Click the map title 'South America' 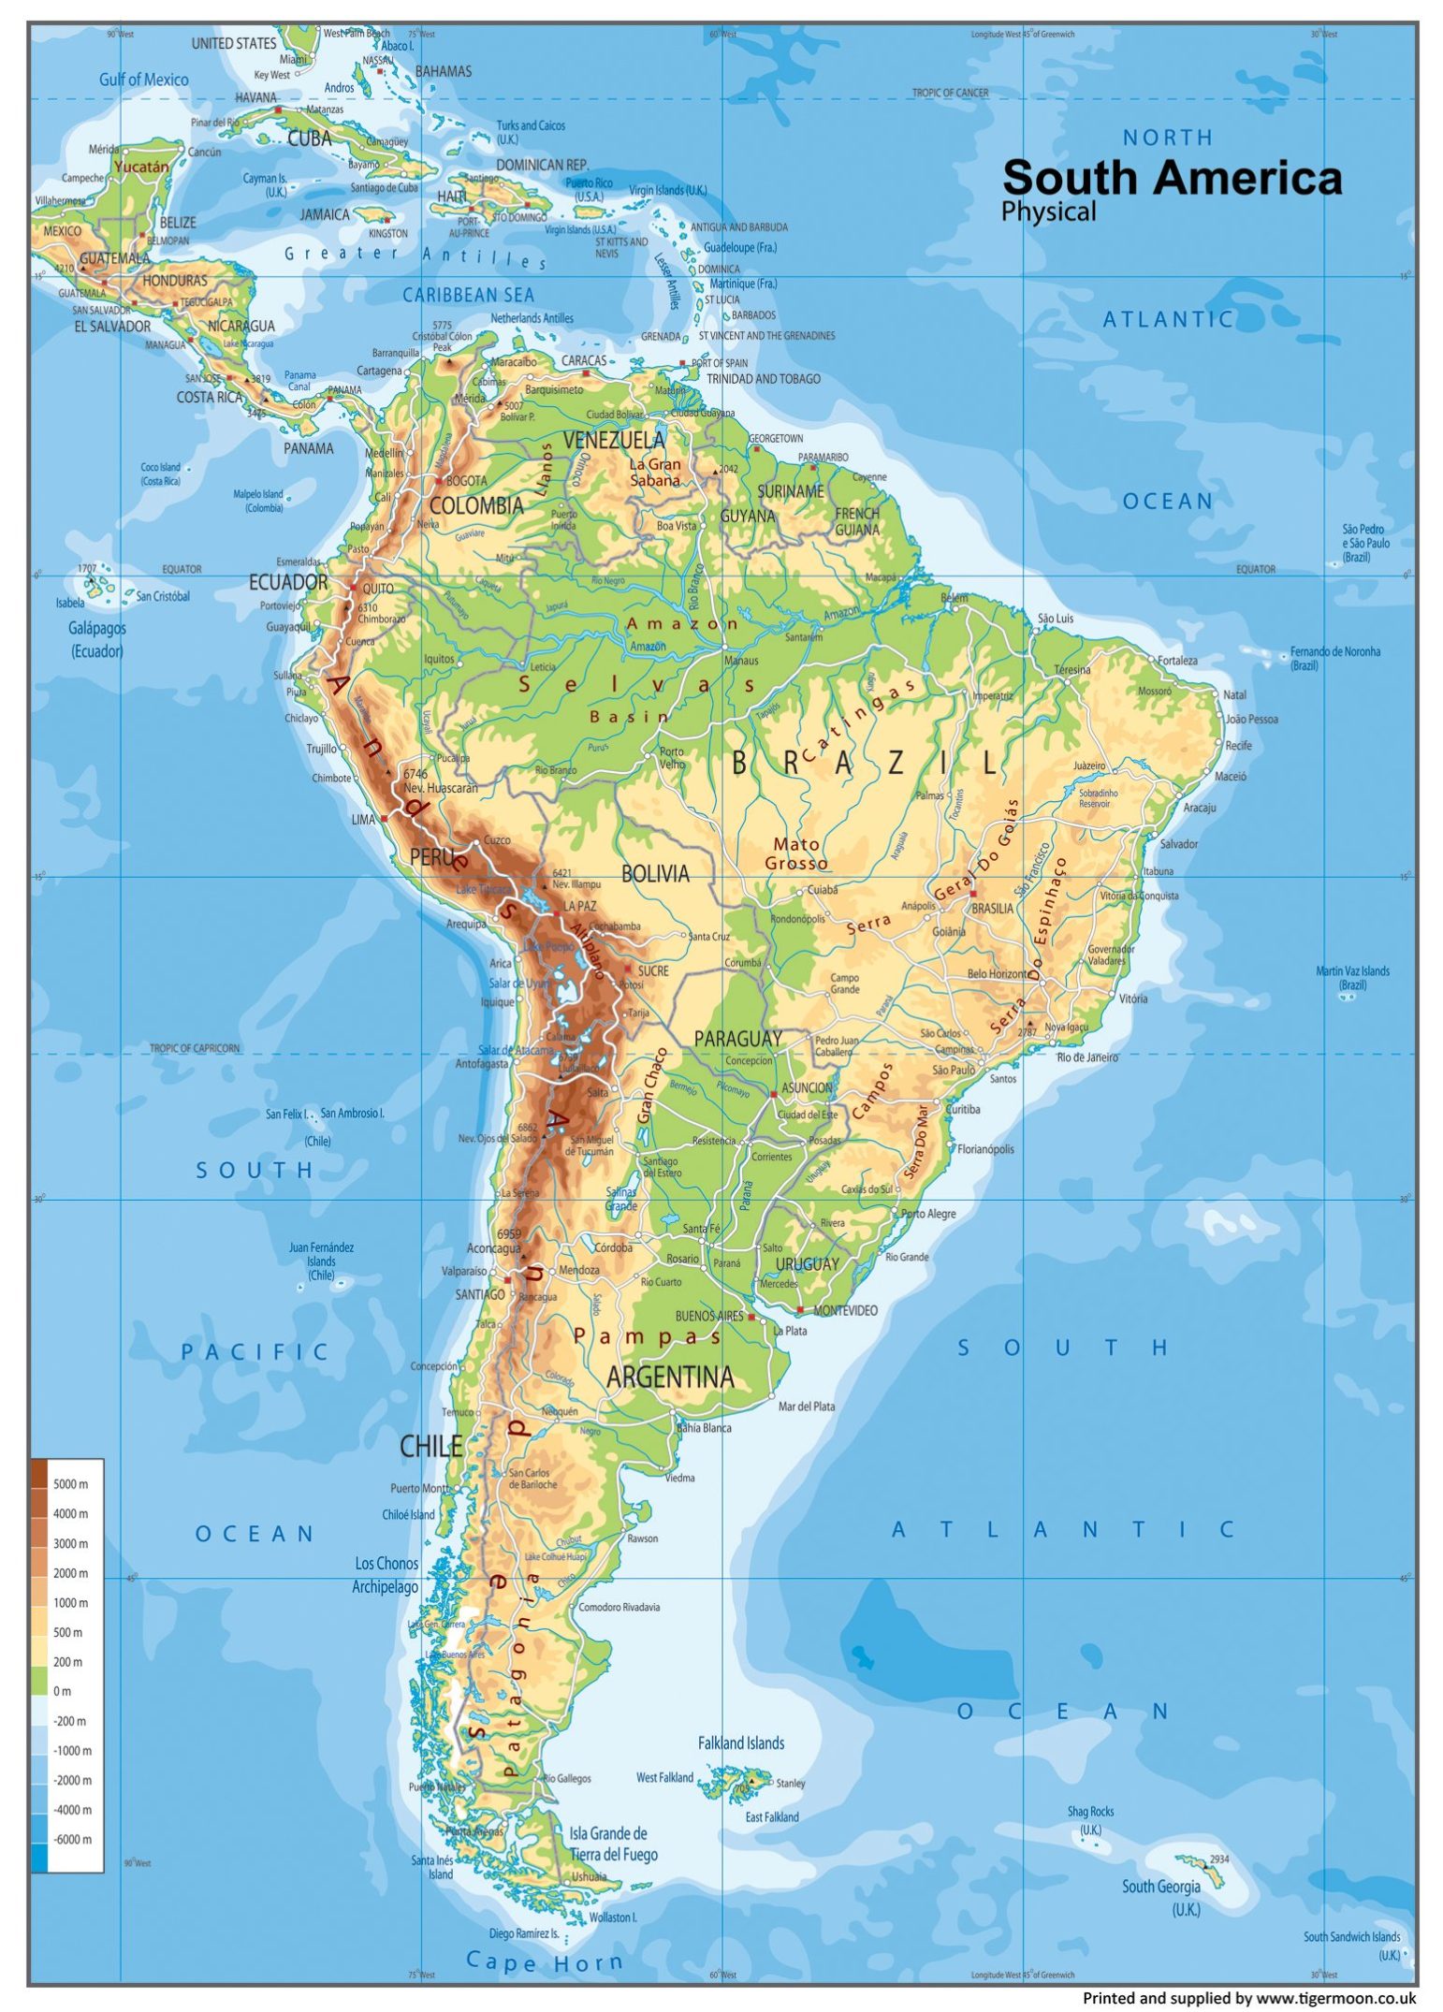pyautogui.click(x=1172, y=178)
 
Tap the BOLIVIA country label pyautogui.click(x=655, y=874)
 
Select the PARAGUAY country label pyautogui.click(x=737, y=1039)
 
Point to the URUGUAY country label pyautogui.click(x=807, y=1263)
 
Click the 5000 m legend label pyautogui.click(x=70, y=1484)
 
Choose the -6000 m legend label pyautogui.click(x=72, y=1839)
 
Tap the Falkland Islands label pyautogui.click(x=740, y=1742)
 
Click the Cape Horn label pyautogui.click(x=544, y=1961)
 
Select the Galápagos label pyautogui.click(x=97, y=628)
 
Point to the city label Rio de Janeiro pyautogui.click(x=1087, y=1057)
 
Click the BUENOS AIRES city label pyautogui.click(x=709, y=1316)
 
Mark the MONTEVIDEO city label pyautogui.click(x=845, y=1310)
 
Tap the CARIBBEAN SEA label pyautogui.click(x=468, y=295)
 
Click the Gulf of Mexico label pyautogui.click(x=143, y=80)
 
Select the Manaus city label pyautogui.click(x=741, y=661)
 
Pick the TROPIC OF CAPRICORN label pyautogui.click(x=195, y=1048)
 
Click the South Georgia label pyautogui.click(x=1160, y=1887)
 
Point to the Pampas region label pyautogui.click(x=648, y=1336)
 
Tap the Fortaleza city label pyautogui.click(x=1177, y=661)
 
